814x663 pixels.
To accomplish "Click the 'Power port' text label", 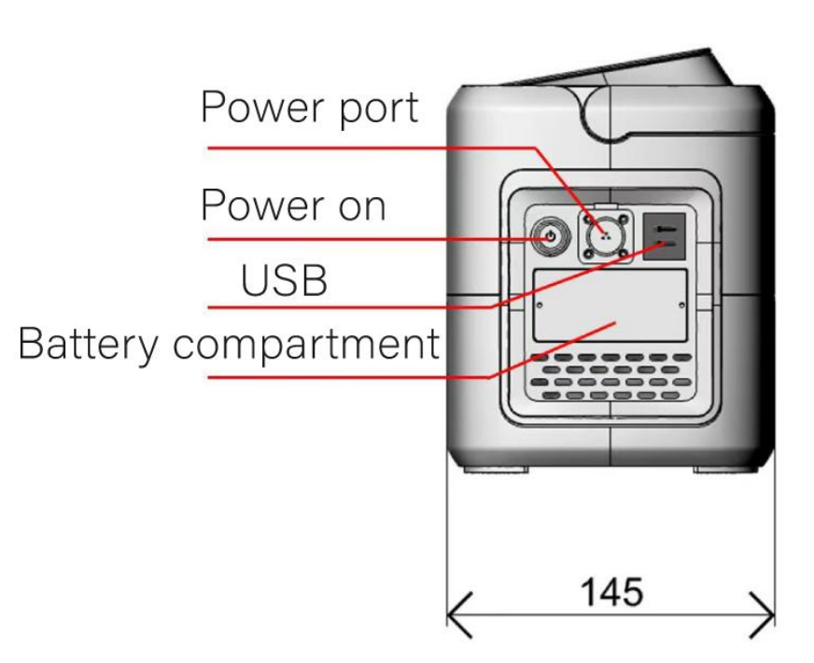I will point(309,108).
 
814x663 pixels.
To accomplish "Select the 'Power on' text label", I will point(293,204).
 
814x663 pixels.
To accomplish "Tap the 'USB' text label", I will point(284,278).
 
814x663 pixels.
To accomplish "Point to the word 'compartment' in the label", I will point(306,346).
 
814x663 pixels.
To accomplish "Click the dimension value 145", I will point(611,591).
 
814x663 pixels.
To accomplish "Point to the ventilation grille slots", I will point(611,377).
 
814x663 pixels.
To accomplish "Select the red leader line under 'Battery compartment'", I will point(345,377).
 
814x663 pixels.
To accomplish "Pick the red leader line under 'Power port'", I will point(373,147).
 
